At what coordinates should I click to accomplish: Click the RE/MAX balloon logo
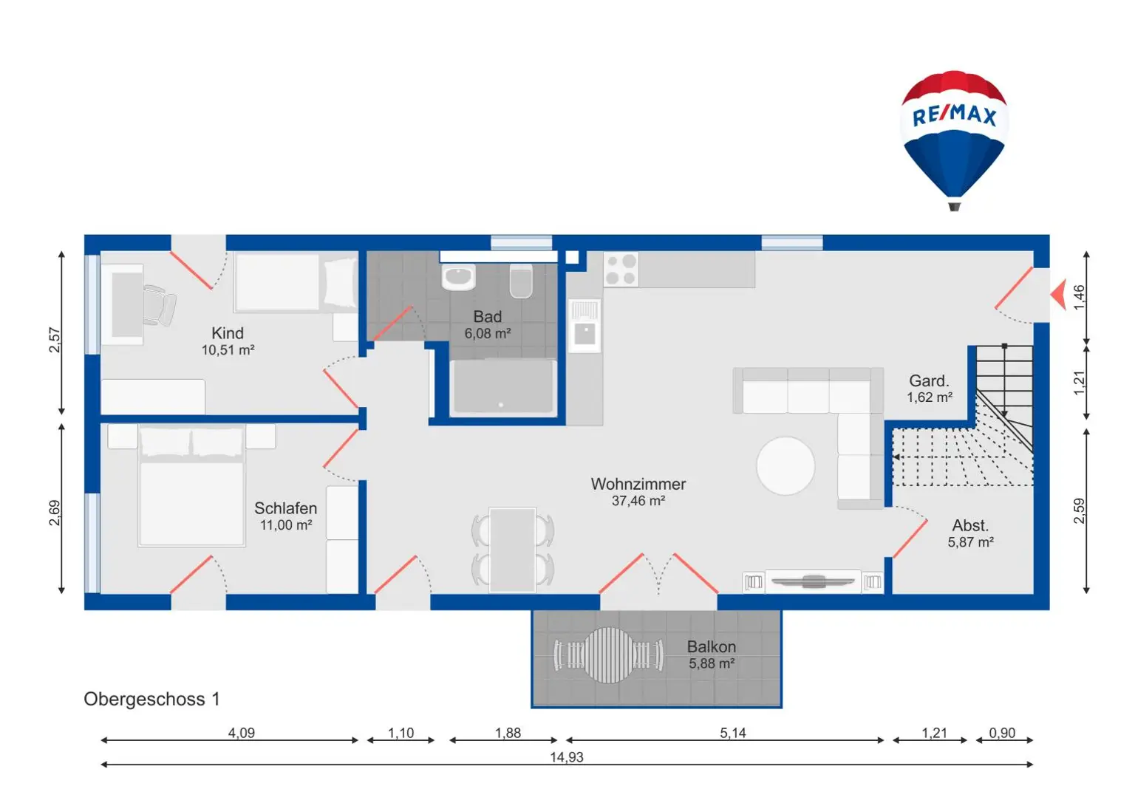click(x=955, y=140)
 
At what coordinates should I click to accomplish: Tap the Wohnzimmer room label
click(x=638, y=484)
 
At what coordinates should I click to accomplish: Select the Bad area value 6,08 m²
click(x=488, y=333)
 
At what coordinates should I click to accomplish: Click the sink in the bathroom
click(x=458, y=277)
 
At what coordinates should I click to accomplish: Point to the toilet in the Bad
click(x=521, y=281)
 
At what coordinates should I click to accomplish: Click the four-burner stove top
click(x=621, y=270)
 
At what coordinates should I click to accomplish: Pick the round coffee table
click(x=785, y=465)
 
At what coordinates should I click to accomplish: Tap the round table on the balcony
click(x=609, y=655)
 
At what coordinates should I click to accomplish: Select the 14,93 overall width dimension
click(x=567, y=757)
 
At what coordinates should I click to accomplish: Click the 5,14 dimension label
click(x=733, y=733)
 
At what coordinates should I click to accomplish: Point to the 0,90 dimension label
click(x=1002, y=733)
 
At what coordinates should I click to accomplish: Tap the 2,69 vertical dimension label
click(x=55, y=513)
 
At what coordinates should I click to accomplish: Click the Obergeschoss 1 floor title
click(x=151, y=699)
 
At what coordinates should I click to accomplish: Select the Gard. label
click(x=929, y=380)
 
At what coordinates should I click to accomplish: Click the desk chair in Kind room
click(x=160, y=305)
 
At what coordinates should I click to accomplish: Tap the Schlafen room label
click(x=286, y=508)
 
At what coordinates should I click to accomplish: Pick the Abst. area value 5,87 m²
click(x=970, y=542)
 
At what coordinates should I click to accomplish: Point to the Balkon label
click(x=712, y=646)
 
